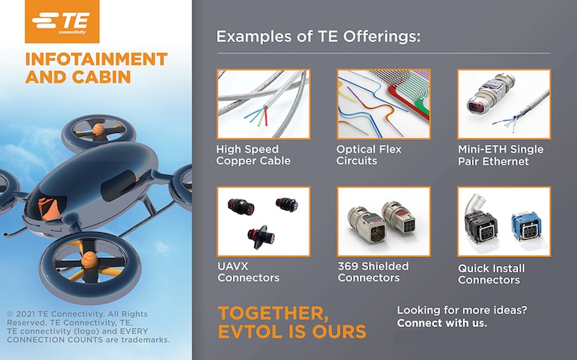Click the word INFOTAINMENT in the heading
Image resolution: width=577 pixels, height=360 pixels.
click(x=96, y=59)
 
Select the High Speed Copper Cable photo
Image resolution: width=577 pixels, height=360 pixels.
click(x=263, y=104)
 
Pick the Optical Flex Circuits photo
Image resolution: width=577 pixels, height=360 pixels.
click(x=383, y=104)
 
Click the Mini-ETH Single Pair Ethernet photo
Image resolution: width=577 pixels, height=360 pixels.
click(x=503, y=104)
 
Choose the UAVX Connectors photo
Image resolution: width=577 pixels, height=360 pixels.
click(x=263, y=222)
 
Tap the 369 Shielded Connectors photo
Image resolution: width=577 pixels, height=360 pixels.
click(x=383, y=222)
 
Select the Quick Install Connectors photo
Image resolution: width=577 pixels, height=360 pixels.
click(x=503, y=222)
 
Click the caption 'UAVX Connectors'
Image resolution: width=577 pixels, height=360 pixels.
click(x=248, y=272)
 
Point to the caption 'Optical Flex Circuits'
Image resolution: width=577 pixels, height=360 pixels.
click(x=369, y=155)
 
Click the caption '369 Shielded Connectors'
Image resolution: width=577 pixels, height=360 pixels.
click(x=373, y=272)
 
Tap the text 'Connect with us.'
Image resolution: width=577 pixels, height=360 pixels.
click(x=442, y=323)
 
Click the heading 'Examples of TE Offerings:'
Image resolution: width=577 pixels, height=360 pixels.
click(x=318, y=36)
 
